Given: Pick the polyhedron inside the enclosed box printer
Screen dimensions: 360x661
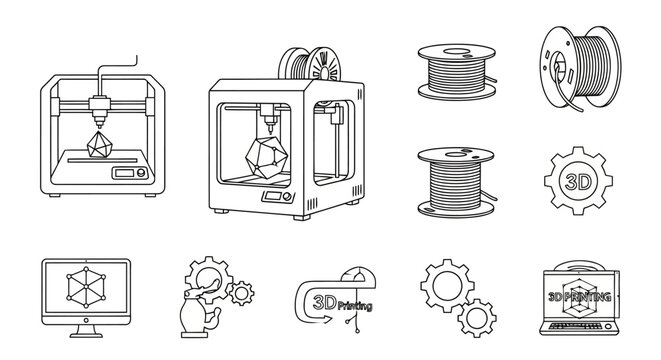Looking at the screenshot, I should point(264,156).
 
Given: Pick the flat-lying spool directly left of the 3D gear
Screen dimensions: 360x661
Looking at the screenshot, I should point(453,180).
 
